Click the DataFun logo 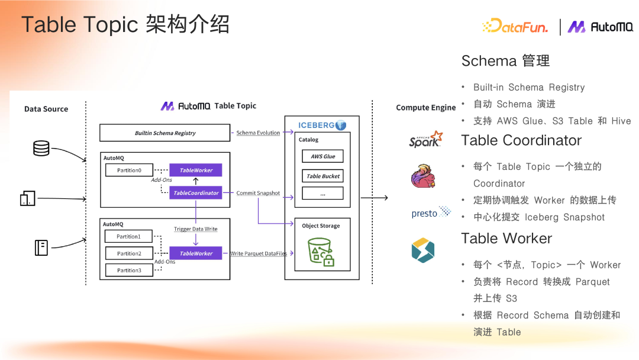(515, 26)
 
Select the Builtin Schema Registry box (165, 133)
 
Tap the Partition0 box (128, 170)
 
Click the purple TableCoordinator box (196, 193)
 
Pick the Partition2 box (128, 253)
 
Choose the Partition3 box (128, 271)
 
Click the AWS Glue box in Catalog (322, 156)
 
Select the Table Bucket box (322, 176)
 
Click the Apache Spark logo (425, 140)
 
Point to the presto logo (431, 213)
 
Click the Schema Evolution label (258, 133)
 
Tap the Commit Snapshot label (258, 193)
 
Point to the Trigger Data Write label (196, 229)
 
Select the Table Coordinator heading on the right (521, 141)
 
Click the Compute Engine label (425, 108)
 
